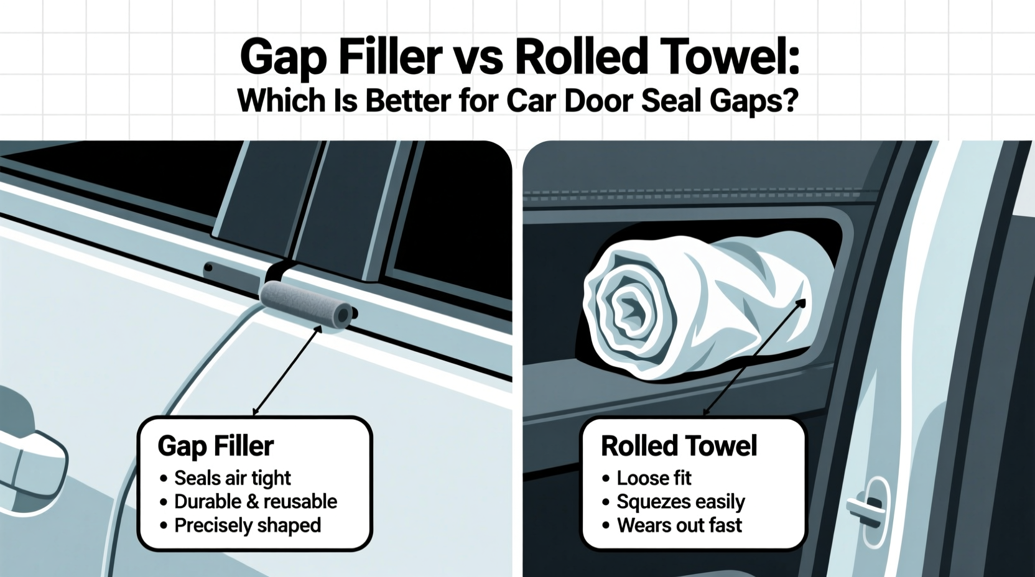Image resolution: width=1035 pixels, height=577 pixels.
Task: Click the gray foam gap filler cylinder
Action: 305,303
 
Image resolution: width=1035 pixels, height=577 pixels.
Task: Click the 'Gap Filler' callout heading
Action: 216,446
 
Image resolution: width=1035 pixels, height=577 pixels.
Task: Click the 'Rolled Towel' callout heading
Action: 679,446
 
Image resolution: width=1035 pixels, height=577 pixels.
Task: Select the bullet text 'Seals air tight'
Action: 232,478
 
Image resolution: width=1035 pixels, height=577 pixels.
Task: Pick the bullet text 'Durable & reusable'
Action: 255,502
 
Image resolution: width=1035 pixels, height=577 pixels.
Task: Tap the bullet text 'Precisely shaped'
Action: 247,525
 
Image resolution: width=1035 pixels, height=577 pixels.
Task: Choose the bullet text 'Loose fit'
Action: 654,478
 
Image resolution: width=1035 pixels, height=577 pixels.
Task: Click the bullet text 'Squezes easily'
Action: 680,502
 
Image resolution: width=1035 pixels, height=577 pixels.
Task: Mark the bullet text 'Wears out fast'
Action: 679,525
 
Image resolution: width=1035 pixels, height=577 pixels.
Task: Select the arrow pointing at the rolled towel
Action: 754,358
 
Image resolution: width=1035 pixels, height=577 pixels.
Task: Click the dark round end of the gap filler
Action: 342,315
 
